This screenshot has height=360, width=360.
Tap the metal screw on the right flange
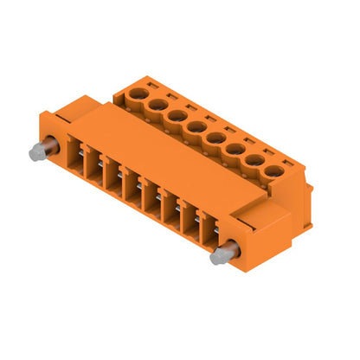click(x=222, y=254)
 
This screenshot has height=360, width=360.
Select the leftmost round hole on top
click(x=138, y=92)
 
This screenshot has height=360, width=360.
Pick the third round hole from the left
click(x=176, y=115)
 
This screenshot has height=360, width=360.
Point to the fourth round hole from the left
click(x=196, y=126)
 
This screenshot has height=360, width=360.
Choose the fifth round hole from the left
click(x=215, y=138)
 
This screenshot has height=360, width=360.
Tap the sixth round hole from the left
click(x=235, y=149)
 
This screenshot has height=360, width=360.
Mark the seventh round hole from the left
click(x=254, y=160)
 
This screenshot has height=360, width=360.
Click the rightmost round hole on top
click(x=273, y=171)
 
